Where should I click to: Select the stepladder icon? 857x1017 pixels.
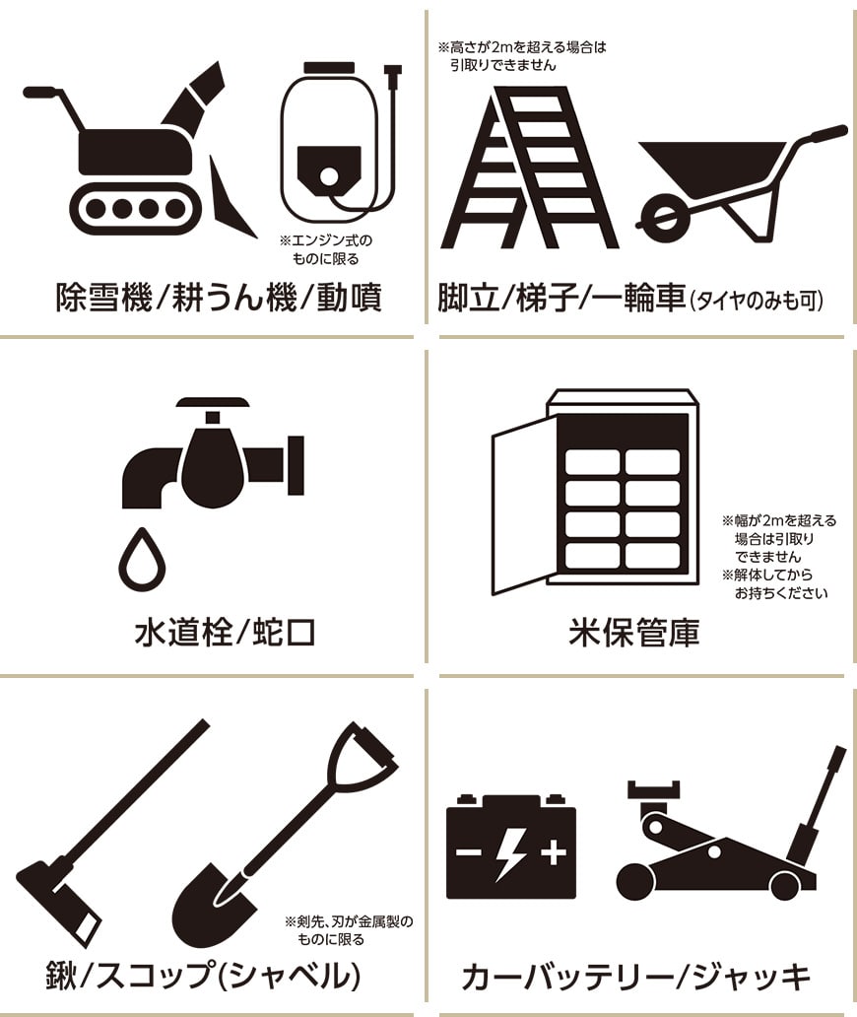pos(528,168)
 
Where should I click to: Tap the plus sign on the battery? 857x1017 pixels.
pos(553,851)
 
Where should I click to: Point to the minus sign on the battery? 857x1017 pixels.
pos(469,851)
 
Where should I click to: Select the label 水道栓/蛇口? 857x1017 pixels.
pos(225,633)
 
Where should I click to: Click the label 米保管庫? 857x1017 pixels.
pos(634,633)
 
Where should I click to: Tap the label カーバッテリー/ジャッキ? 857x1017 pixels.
pos(635,977)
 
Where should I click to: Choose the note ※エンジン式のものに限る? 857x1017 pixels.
pos(326,249)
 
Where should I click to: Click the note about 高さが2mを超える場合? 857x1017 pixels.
pos(522,56)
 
